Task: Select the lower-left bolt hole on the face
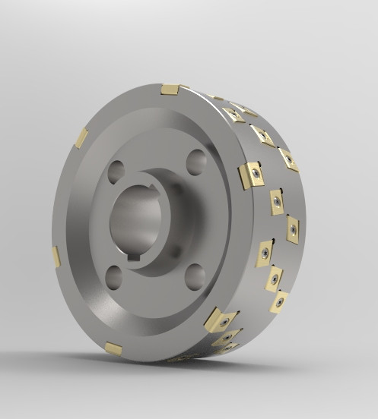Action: pos(114,278)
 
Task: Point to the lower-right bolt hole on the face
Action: pos(195,276)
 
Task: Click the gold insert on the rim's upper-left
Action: pos(81,137)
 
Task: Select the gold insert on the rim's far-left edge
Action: pos(56,257)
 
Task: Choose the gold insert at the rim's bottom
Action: pos(113,348)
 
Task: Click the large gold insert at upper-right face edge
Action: pos(250,176)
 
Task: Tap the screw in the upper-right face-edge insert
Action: pos(256,174)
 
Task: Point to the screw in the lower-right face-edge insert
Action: pos(224,322)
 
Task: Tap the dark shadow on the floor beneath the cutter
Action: pos(190,360)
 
